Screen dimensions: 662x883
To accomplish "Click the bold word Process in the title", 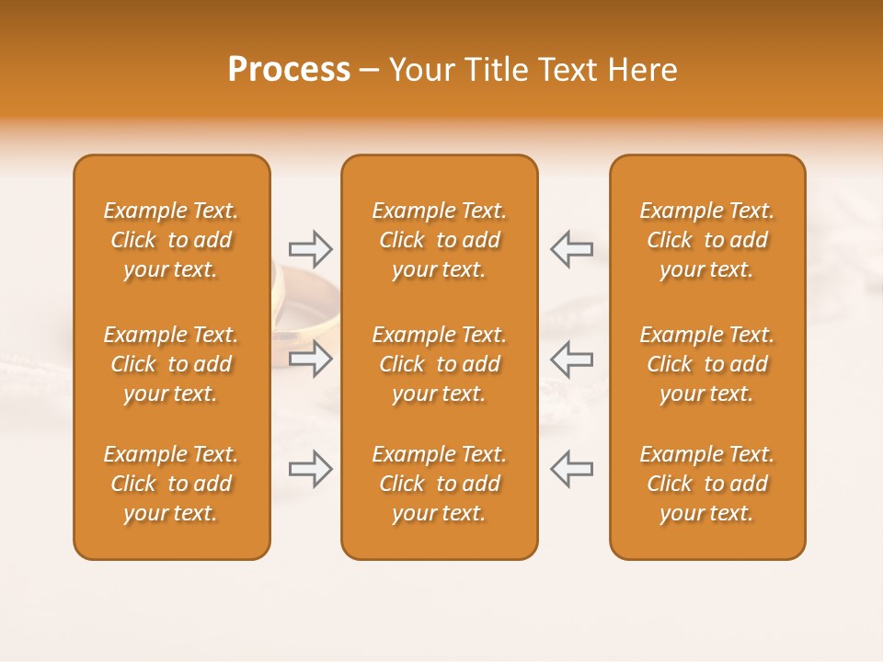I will tap(289, 70).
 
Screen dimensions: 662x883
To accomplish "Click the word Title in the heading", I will tap(494, 70).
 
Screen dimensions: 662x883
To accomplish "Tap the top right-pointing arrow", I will tap(310, 249).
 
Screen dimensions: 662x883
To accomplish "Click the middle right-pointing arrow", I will tap(310, 359).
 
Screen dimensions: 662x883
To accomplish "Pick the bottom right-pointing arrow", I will tap(310, 469).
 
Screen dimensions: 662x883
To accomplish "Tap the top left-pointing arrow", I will tap(571, 249).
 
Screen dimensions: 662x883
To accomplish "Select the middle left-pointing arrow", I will tap(571, 359).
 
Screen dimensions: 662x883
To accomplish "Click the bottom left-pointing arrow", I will tap(571, 469).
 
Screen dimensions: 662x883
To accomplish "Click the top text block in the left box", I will tap(171, 240).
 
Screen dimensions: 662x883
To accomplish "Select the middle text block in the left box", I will tap(171, 364).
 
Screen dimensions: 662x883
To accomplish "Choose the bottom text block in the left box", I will tap(171, 484).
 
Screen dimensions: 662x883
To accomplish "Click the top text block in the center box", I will tap(439, 240).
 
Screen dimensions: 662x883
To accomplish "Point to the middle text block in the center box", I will tap(439, 364).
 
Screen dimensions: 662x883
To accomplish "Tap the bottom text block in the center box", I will tap(439, 484).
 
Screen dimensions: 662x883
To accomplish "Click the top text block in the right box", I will tap(706, 240).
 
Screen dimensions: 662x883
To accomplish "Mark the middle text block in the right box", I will tap(706, 364).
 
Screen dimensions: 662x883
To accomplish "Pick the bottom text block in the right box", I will tap(706, 484).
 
